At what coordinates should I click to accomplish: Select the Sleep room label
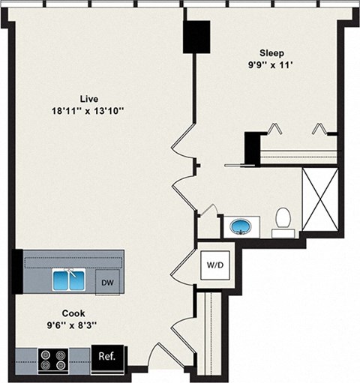click(x=271, y=52)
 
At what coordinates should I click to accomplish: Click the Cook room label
click(x=73, y=313)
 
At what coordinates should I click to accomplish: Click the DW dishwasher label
click(x=109, y=282)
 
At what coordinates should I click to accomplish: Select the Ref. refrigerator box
click(x=106, y=356)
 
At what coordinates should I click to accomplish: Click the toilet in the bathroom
click(x=283, y=220)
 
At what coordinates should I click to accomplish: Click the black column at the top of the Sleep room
click(x=198, y=37)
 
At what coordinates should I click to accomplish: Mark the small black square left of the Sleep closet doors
click(x=253, y=142)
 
